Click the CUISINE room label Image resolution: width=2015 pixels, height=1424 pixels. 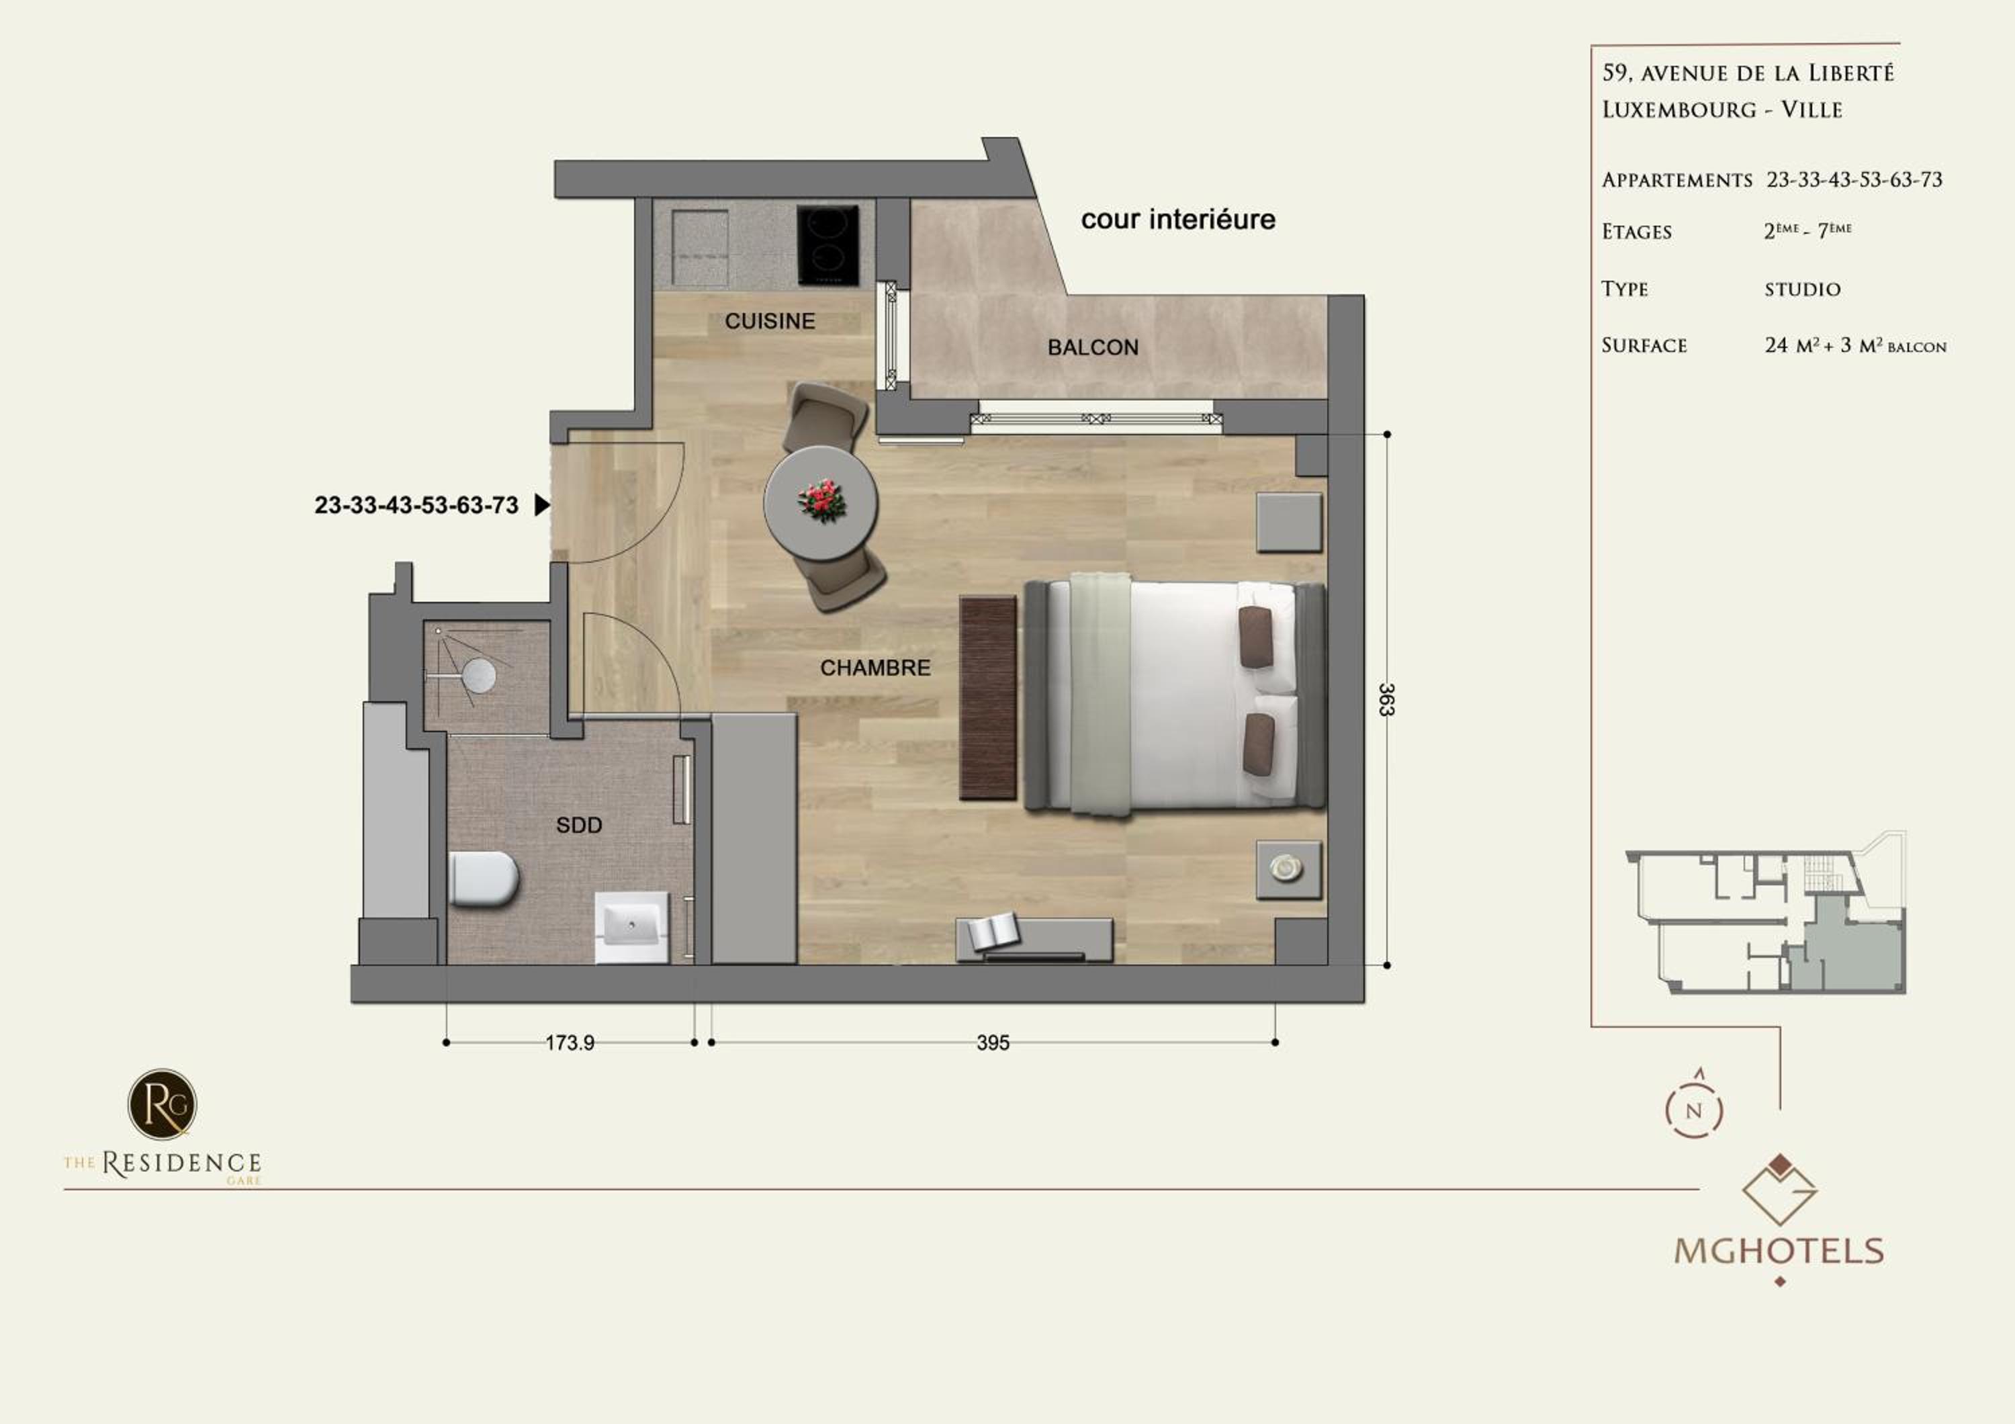click(x=770, y=321)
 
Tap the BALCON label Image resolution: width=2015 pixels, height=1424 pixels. click(x=1093, y=347)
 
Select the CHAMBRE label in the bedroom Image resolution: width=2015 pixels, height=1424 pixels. click(x=875, y=668)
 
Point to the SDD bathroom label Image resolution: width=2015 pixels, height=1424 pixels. click(x=579, y=825)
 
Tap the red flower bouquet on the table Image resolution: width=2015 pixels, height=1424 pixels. click(x=822, y=501)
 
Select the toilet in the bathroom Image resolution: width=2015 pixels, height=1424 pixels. click(x=484, y=879)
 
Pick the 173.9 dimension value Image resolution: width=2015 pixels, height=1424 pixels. click(x=570, y=1042)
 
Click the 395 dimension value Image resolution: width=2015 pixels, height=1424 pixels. click(x=993, y=1042)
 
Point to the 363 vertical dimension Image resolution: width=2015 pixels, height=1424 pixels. click(x=1386, y=699)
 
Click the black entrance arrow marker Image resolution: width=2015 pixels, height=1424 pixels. click(x=542, y=504)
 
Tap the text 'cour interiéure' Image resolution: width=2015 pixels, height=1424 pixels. click(x=1177, y=220)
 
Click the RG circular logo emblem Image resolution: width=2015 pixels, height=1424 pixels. click(x=163, y=1104)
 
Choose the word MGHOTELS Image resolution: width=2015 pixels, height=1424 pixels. click(x=1779, y=1250)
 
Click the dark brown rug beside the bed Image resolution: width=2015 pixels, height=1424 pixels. click(x=987, y=697)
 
